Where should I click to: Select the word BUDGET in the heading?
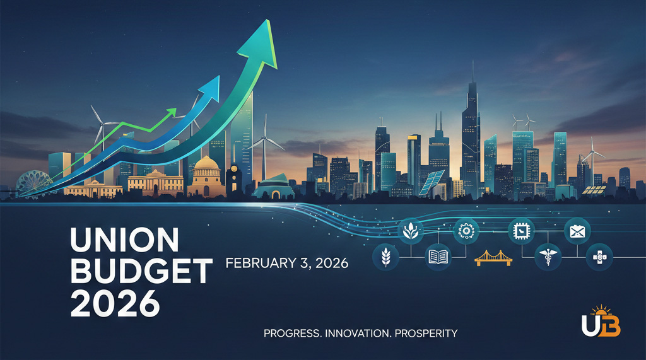point(141,272)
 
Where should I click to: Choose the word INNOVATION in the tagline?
point(356,332)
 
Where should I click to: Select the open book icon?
point(437,257)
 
